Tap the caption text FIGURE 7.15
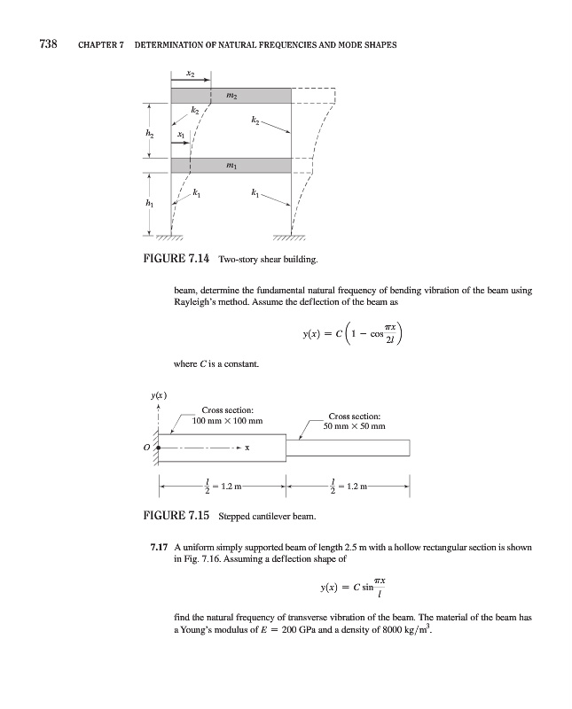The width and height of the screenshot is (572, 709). coord(182,514)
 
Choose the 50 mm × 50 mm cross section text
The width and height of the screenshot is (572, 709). coord(355,426)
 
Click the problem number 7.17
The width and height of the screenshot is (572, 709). coord(161,548)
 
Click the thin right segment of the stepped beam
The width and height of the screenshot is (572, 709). coord(348,448)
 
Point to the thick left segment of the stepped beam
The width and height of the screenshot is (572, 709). coord(223,448)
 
